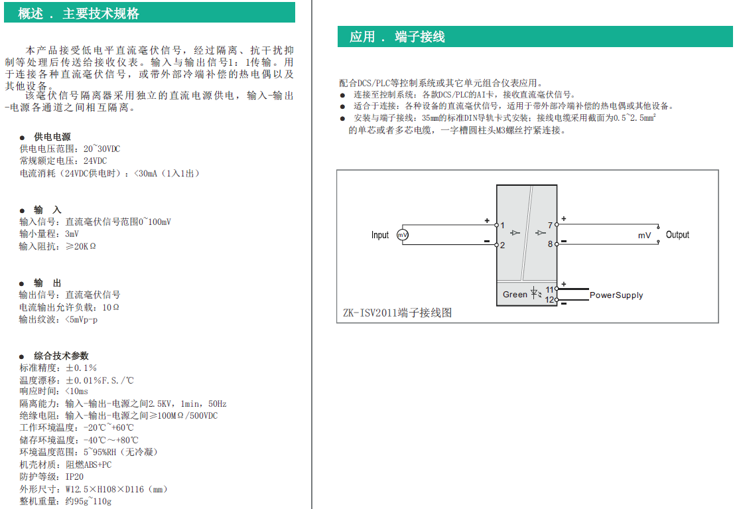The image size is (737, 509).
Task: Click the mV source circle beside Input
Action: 402,235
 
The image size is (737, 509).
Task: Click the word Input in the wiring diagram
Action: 380,235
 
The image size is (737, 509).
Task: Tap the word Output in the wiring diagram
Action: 677,235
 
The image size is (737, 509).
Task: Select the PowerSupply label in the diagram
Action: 616,295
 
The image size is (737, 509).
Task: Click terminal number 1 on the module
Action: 503,226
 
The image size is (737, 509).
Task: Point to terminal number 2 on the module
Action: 503,246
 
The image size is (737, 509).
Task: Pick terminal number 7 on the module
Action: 550,226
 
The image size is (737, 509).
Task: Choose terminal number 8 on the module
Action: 550,244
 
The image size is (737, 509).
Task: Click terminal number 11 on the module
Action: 550,289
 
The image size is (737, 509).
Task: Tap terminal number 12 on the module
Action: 550,299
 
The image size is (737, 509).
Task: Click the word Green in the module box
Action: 515,295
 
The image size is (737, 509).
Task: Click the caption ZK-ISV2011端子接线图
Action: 397,313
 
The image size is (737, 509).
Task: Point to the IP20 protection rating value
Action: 74,476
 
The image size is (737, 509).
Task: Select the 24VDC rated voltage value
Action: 95,161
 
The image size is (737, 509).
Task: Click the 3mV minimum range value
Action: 72,234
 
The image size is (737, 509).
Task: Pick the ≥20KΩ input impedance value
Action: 80,246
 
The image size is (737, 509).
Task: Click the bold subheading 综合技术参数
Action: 61,356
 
